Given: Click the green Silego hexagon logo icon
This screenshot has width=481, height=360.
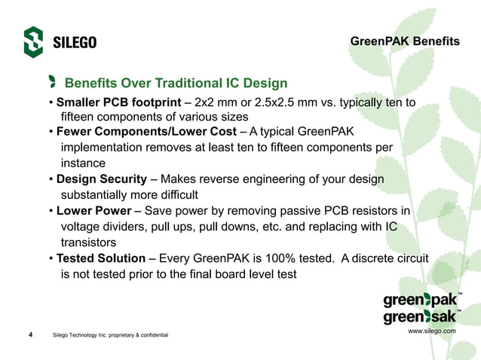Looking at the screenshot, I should tap(33, 42).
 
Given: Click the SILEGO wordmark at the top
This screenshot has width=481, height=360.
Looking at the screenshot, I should tap(75, 42).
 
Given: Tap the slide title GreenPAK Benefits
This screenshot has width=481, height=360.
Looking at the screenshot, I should tap(404, 41).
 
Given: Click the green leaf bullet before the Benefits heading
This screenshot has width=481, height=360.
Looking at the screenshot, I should tap(52, 81).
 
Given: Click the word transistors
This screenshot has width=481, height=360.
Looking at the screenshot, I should tap(88, 243).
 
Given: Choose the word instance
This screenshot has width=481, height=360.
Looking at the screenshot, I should tap(83, 163).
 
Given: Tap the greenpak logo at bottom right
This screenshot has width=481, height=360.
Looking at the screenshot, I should tap(420, 301).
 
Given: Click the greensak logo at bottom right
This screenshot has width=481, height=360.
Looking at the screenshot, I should tap(420, 318).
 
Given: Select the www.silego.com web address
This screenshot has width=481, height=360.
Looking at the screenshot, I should tap(431, 331).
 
